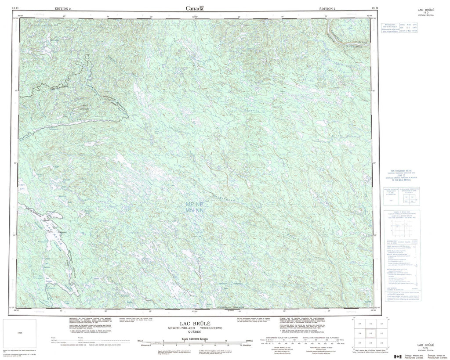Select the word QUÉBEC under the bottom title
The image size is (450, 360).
tap(192, 332)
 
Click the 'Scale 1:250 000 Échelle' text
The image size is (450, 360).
tap(192, 338)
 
